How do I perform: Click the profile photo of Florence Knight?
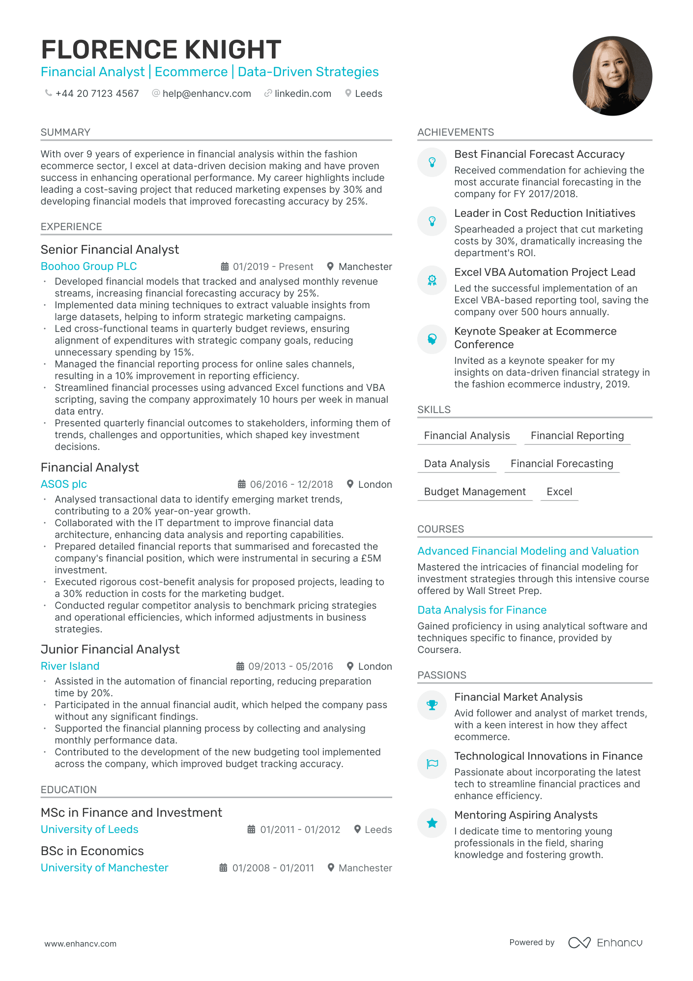(612, 76)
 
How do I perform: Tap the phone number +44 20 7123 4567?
(97, 93)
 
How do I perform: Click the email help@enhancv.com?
(206, 93)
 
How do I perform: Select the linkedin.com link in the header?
(302, 93)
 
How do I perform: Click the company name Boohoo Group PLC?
(89, 266)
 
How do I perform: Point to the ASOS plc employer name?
(64, 484)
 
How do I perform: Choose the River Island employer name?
(70, 666)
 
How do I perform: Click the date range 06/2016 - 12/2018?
(291, 484)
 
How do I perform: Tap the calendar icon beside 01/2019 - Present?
(225, 267)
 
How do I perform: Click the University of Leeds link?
(89, 829)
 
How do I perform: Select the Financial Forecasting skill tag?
(561, 464)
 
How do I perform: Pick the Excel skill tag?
(559, 492)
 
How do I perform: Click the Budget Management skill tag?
(474, 492)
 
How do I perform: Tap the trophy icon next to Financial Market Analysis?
(432, 705)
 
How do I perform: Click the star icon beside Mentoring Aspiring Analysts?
(432, 823)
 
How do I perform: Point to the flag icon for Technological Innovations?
(432, 764)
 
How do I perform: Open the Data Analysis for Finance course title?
(482, 610)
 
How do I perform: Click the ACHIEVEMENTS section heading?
(456, 132)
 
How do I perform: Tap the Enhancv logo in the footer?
(606, 943)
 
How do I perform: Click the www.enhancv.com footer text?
(81, 944)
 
